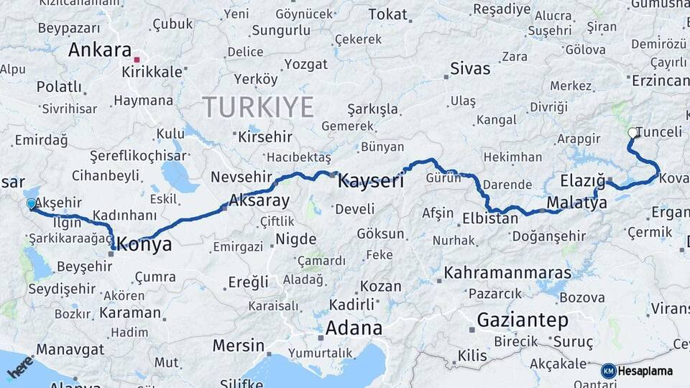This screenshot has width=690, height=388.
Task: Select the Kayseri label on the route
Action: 371,180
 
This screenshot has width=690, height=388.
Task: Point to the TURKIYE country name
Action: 258,107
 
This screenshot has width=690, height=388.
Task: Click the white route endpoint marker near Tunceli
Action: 632,133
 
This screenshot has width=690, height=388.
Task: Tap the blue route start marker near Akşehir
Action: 31,204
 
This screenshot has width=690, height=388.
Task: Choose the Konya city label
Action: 144,244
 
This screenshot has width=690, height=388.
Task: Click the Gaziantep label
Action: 523,320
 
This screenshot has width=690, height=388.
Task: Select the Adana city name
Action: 354,328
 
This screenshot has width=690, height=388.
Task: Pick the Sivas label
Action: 470,69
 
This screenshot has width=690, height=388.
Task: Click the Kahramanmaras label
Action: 507,273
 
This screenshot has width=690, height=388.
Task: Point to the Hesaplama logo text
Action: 645,371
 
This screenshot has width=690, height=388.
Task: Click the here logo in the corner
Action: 19,366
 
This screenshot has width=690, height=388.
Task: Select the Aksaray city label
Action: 259,200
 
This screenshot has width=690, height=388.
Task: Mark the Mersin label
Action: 239,346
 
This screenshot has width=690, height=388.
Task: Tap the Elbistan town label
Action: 490,218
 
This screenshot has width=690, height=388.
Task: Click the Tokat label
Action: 387,14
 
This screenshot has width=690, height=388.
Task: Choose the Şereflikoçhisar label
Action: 139,155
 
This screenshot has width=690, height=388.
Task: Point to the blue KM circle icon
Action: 608,371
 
